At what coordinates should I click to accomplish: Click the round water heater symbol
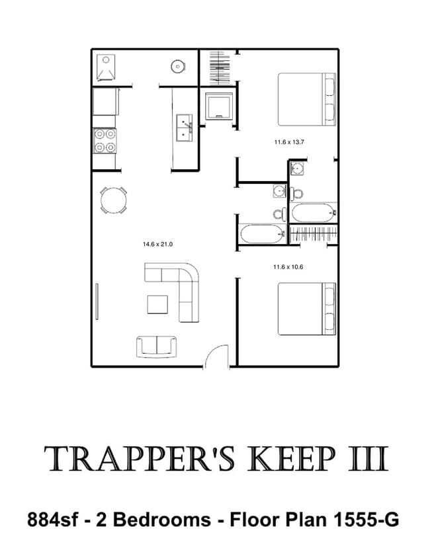point(178,66)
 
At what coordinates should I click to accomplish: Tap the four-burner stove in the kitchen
point(105,141)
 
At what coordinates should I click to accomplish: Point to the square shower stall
point(220,106)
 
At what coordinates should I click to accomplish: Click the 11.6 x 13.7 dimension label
point(289,142)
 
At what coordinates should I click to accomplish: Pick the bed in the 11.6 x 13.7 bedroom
point(307,99)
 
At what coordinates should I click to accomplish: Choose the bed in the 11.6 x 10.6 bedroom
point(307,309)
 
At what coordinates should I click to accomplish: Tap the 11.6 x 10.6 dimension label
point(288,267)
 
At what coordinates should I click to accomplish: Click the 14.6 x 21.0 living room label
point(157,245)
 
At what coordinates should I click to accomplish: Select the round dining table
point(114,200)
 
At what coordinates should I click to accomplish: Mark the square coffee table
point(157,305)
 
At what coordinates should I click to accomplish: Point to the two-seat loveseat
point(157,346)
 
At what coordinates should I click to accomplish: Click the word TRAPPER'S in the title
point(140,459)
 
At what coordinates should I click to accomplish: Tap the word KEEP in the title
point(292,459)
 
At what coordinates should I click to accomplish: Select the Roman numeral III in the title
point(368,459)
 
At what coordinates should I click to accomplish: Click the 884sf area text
point(52,520)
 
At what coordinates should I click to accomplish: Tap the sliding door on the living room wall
point(97,301)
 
